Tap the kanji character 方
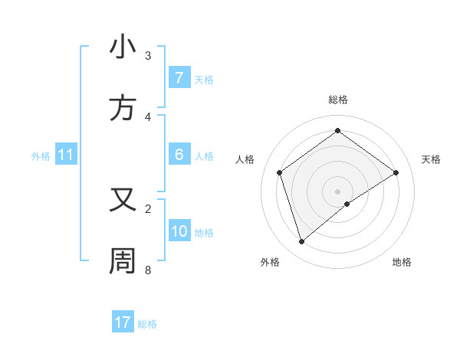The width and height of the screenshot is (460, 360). tap(123, 109)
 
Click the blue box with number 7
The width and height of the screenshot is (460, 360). tap(179, 78)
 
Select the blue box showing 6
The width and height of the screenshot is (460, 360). tap(179, 155)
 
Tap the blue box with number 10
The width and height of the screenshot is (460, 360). tap(179, 231)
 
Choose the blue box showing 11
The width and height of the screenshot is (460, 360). tap(66, 155)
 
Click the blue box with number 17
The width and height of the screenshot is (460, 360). tap(123, 322)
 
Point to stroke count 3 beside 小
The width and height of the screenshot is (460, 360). tap(148, 56)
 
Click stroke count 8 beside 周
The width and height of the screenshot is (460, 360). tap(148, 270)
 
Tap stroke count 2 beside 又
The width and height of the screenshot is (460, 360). tap(148, 208)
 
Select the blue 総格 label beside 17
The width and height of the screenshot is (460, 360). tap(148, 324)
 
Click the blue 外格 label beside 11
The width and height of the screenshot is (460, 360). tap(41, 156)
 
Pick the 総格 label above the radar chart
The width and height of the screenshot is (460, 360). tap(338, 100)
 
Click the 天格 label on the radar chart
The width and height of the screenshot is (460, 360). tap(432, 159)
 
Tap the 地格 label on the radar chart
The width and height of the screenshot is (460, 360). tap(402, 262)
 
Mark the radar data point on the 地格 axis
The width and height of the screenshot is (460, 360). tap(347, 204)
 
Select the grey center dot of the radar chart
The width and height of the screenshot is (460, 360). tap(338, 191)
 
